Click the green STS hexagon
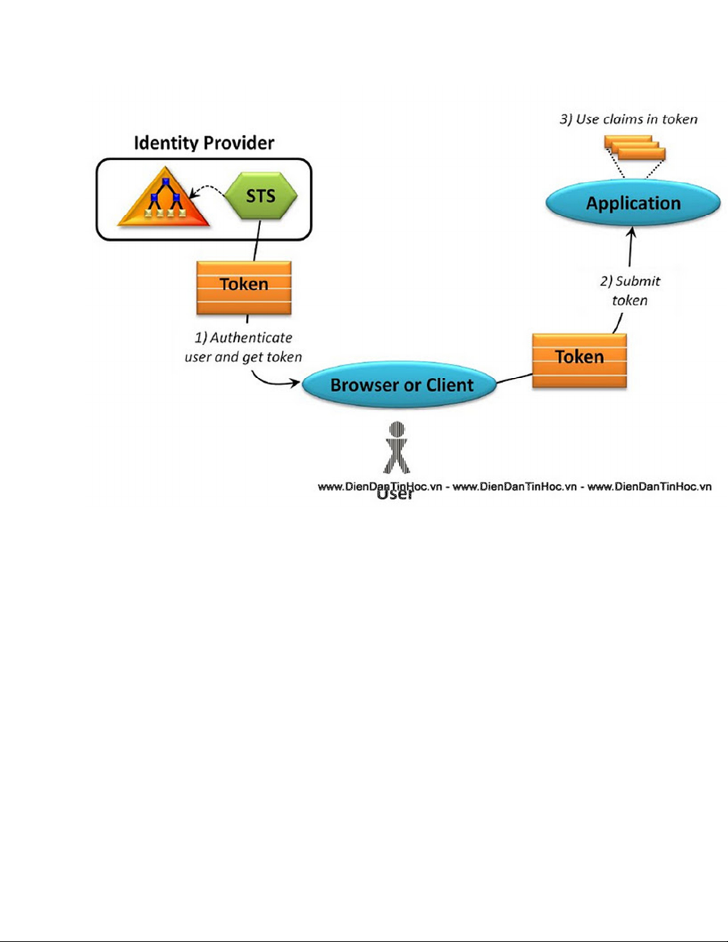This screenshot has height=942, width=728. [261, 196]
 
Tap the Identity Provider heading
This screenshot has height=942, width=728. [204, 143]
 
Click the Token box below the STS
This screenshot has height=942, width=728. [244, 288]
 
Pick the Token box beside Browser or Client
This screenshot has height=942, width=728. [579, 361]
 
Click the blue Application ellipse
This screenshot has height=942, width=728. [633, 203]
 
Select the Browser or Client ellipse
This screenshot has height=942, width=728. [399, 385]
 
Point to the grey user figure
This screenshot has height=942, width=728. [397, 449]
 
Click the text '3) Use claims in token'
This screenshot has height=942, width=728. [628, 119]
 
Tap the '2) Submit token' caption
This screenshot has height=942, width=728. [630, 291]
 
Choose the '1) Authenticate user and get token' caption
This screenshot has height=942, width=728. [243, 347]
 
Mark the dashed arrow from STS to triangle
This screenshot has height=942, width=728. [207, 189]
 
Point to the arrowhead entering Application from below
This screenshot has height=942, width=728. [631, 232]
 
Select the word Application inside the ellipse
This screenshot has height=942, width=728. [634, 203]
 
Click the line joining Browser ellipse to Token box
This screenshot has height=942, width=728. [514, 379]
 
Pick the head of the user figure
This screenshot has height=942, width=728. [397, 429]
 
